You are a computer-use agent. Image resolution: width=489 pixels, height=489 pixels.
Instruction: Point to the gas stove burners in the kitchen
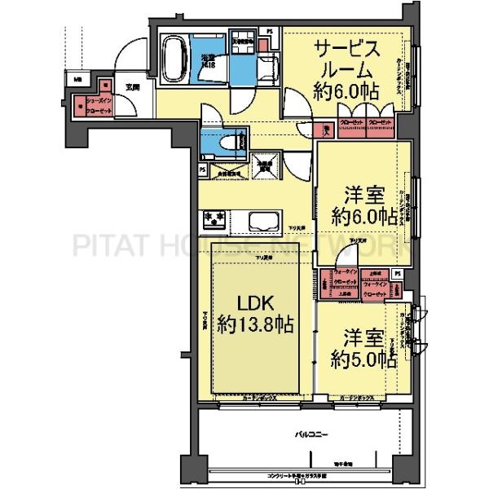[x=214, y=218]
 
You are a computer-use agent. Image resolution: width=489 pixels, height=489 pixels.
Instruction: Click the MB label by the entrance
[x=77, y=80]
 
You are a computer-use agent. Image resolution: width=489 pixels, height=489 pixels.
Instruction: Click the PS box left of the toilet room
[x=202, y=170]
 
